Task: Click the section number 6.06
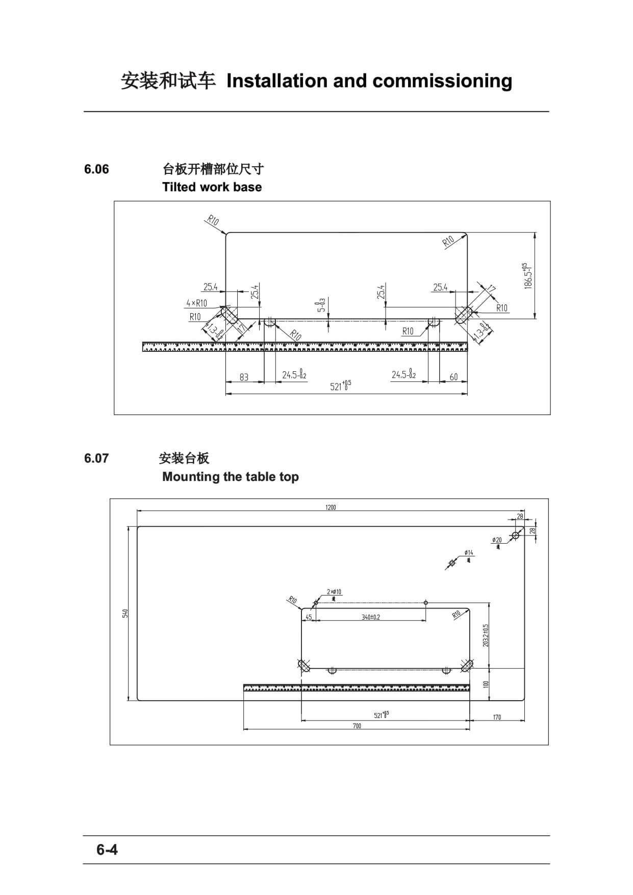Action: (96, 169)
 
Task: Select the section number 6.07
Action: (96, 458)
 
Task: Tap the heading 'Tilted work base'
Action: (212, 187)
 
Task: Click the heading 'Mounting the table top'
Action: (230, 477)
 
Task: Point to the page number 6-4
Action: (107, 850)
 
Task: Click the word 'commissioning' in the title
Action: (442, 81)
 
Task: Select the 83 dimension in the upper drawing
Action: (244, 377)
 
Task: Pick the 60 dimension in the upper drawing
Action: (453, 377)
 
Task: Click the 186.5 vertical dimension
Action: (528, 276)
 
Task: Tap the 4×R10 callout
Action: (196, 303)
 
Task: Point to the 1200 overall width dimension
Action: (331, 507)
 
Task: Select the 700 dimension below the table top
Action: (357, 726)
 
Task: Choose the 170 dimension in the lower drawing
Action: (497, 717)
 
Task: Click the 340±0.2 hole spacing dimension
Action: (371, 617)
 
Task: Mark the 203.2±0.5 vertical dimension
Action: (486, 635)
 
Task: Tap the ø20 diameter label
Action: (497, 540)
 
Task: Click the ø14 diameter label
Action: (469, 553)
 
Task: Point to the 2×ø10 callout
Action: (334, 592)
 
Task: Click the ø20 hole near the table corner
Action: (515, 535)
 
